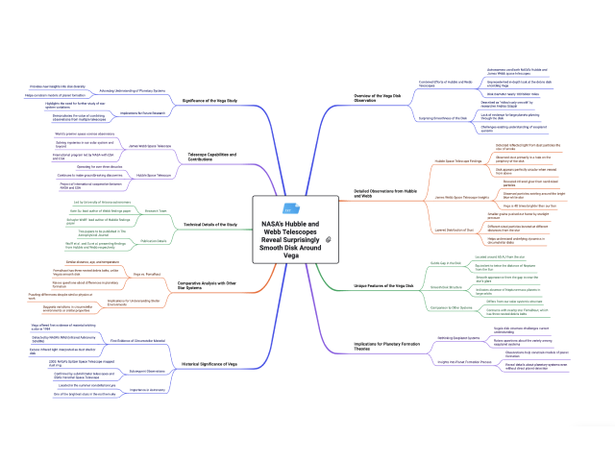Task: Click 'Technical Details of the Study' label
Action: (x=210, y=224)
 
